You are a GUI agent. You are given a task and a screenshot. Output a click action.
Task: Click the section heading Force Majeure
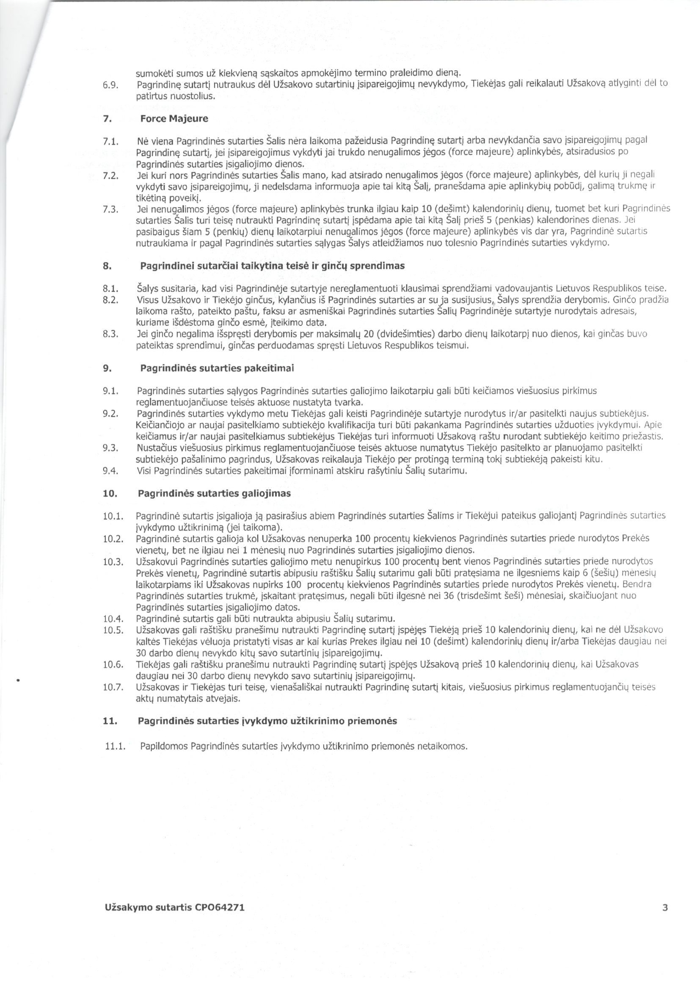coord(174,119)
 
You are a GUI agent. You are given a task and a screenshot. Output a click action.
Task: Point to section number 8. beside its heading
coord(107,266)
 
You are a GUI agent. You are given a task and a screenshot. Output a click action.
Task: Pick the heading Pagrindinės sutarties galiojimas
coord(214,493)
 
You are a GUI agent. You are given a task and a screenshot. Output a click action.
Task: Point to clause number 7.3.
coord(111,209)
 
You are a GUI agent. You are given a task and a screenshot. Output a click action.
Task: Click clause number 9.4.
coord(111,471)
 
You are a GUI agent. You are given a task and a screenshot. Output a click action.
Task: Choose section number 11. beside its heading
coord(110,721)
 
